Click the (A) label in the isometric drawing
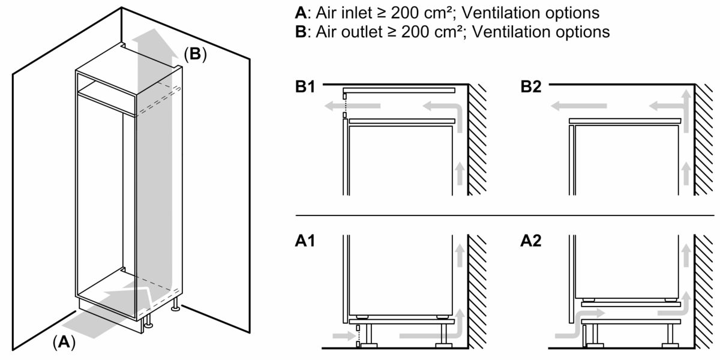click(x=64, y=342)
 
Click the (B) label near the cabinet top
click(x=194, y=55)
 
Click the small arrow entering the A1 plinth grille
click(x=338, y=337)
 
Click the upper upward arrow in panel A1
click(x=460, y=254)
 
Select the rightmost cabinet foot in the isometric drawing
click(x=175, y=308)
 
